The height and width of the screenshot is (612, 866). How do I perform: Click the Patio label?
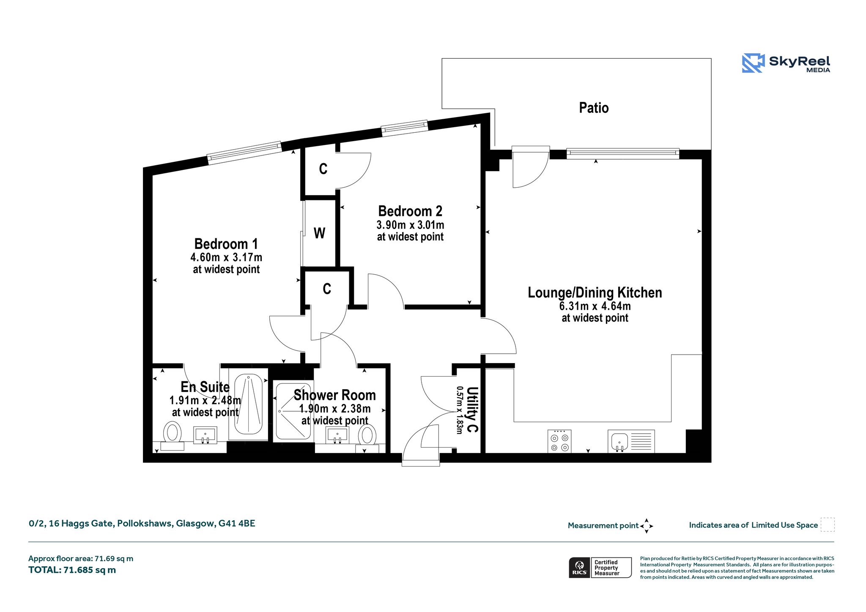(594, 108)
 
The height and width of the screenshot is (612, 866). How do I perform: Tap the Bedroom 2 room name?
(410, 211)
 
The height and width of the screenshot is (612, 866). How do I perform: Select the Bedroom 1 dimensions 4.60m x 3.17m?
(226, 257)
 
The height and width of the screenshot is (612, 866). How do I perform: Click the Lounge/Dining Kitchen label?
(595, 292)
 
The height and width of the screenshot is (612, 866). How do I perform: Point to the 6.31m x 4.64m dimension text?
(595, 306)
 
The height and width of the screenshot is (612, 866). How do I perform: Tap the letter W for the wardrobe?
(319, 233)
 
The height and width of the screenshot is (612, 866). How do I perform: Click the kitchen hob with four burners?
(559, 441)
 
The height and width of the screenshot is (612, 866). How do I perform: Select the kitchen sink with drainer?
(631, 441)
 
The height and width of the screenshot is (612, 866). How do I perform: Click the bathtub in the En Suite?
(248, 404)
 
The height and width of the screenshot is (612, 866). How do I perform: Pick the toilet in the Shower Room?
(367, 439)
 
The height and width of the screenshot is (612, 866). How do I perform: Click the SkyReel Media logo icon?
(753, 63)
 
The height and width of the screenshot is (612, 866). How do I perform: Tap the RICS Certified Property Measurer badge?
(600, 568)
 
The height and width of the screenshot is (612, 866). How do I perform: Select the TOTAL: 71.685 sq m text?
(72, 570)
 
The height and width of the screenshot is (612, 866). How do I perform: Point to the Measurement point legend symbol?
(647, 526)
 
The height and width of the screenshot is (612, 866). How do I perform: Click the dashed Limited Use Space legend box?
(828, 525)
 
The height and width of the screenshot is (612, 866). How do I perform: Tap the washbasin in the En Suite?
(205, 435)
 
